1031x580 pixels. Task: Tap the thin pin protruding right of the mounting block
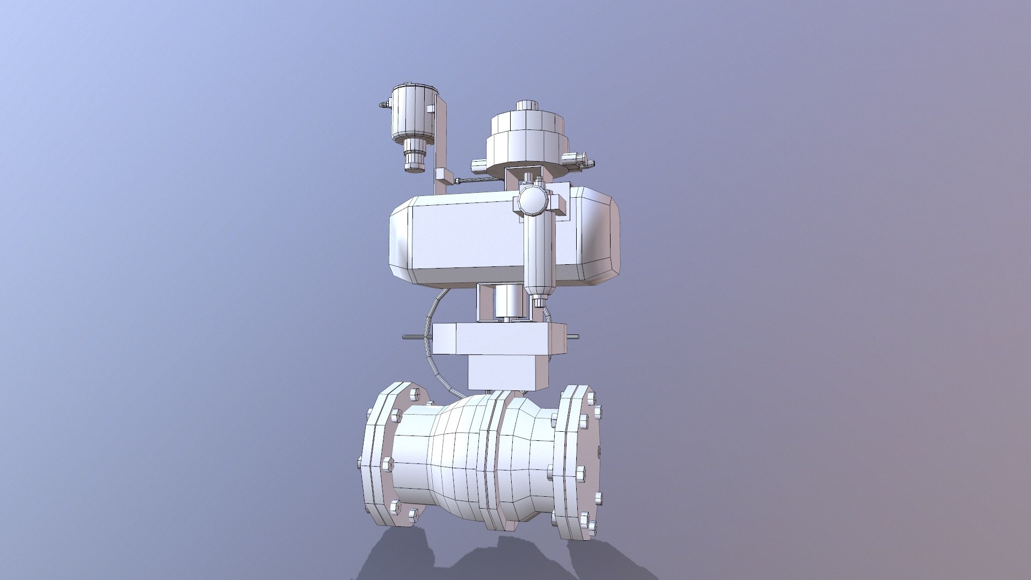[x=573, y=337]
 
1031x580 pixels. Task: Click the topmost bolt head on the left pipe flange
[x=413, y=395]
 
